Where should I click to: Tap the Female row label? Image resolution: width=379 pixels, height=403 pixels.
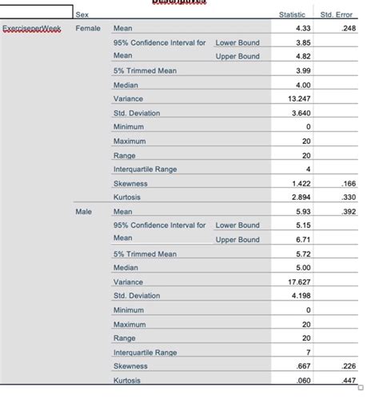tap(87, 28)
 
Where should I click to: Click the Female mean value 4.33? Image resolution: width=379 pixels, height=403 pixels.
tap(302, 28)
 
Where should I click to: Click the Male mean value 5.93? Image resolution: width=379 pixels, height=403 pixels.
tap(302, 212)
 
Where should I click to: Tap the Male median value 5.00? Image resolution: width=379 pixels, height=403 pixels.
tap(302, 268)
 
